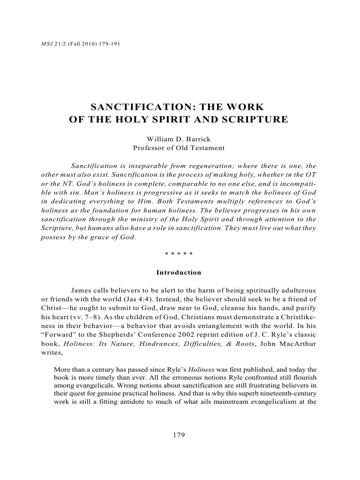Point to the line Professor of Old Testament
click(179, 148)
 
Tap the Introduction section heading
click(179, 272)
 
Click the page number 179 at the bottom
click(179, 435)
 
